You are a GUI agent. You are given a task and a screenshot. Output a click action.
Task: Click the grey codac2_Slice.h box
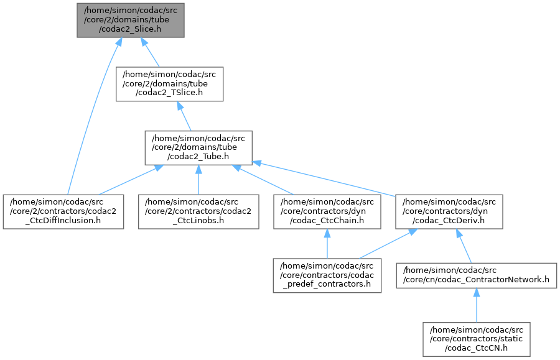[x=131, y=20]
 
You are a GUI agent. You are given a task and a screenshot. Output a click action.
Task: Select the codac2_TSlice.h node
[x=170, y=84]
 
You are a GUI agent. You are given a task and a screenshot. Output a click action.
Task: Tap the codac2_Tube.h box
[x=198, y=148]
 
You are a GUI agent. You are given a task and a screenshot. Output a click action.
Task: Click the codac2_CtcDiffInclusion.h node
[x=63, y=211]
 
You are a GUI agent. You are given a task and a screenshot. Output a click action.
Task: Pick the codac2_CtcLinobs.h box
[x=198, y=211]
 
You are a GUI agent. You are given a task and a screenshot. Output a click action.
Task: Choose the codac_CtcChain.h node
[x=327, y=211]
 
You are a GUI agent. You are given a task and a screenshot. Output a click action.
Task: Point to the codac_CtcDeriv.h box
[x=449, y=211]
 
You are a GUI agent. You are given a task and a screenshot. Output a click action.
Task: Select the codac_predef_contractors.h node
[x=327, y=275]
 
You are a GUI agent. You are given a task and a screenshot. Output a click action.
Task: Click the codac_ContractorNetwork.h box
[x=477, y=275]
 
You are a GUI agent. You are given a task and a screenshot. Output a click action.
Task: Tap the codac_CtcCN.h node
[x=477, y=339]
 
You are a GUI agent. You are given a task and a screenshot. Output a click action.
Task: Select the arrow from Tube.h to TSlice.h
[x=184, y=116]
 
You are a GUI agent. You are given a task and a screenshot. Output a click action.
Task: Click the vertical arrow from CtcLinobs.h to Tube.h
[x=198, y=180]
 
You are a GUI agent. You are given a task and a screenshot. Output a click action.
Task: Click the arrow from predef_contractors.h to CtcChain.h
[x=327, y=244]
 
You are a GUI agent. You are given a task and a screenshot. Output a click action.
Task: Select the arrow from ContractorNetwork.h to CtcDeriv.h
[x=464, y=246]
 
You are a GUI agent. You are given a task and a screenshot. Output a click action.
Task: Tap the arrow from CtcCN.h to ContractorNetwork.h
[x=477, y=305]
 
